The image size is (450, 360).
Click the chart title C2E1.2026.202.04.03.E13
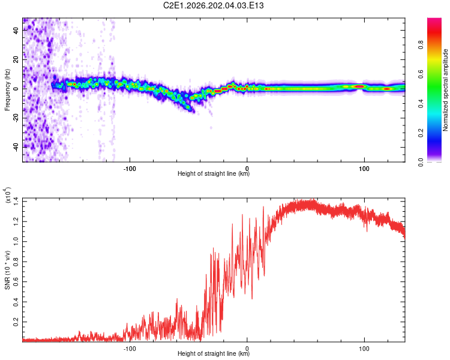(213, 5)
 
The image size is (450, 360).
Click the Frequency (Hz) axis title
(7, 89)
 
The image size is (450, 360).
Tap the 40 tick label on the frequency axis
(16, 30)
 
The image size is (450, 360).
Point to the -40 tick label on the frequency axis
(16, 148)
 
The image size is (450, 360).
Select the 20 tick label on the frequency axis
(16, 59)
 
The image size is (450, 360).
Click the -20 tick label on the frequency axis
(16, 118)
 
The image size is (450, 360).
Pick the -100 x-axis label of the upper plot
(130, 169)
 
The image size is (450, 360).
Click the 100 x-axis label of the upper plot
(364, 169)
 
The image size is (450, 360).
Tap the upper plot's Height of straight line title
(214, 173)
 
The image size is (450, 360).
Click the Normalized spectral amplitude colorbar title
(445, 89)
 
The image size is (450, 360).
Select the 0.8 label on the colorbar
(421, 45)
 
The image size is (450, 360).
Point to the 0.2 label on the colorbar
(421, 133)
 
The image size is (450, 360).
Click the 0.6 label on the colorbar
(421, 74)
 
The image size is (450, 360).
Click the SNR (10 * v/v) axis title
(7, 270)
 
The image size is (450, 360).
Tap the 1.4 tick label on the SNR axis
(16, 202)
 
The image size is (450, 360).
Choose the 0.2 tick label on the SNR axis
(16, 322)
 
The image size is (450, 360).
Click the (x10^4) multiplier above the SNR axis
(7, 195)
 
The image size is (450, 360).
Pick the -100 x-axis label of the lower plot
(130, 349)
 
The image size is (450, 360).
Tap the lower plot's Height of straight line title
(214, 353)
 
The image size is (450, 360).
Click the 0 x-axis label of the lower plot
(247, 349)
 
